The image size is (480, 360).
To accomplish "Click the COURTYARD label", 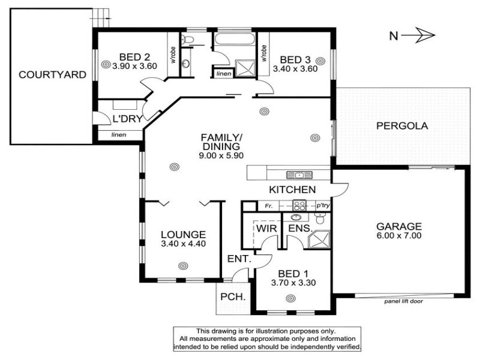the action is coord(52,74).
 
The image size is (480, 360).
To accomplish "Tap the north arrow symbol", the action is coord(418,35).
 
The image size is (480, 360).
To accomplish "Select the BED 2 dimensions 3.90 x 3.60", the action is coord(134,66).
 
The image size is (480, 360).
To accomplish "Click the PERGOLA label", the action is coord(402,126).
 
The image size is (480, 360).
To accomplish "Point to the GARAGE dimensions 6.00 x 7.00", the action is coord(399,235).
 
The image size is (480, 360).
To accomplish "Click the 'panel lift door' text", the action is coord(403,301).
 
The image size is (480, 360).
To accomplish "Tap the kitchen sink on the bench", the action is coord(299,175).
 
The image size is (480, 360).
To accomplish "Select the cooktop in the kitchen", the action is coord(299,205).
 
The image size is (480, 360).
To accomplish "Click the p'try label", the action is coord(323,205).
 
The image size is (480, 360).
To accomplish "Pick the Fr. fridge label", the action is coord(268,206).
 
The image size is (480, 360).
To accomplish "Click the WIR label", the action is coord(266,229).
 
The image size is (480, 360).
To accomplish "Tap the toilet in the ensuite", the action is coord(320,218).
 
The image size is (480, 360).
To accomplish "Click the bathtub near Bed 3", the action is coord(234,39).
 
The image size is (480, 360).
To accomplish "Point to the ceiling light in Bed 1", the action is coord(290,298).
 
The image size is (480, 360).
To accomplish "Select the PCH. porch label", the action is coord(233,296).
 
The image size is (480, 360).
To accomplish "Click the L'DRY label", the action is coord(128,119).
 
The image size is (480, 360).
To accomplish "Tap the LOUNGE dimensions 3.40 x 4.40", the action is coord(184,244).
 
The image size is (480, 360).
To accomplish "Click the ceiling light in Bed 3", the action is coord(320,61).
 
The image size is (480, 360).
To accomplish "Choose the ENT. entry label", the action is coord(239,259).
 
